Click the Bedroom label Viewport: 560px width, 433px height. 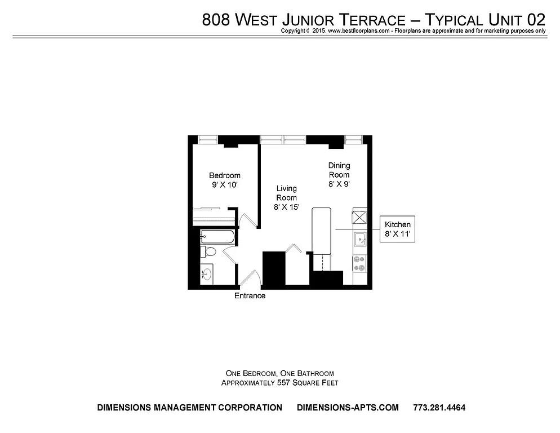pyautogui.click(x=224, y=175)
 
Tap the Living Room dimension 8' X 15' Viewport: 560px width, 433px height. pyautogui.click(x=286, y=207)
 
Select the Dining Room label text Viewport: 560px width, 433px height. pyautogui.click(x=339, y=170)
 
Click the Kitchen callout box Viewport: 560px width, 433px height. pyautogui.click(x=397, y=229)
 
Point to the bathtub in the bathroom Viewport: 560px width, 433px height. pyautogui.click(x=217, y=237)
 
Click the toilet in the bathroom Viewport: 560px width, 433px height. pyautogui.click(x=207, y=251)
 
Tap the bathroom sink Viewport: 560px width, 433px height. pyautogui.click(x=207, y=275)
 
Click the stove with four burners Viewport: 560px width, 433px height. pyautogui.click(x=359, y=262)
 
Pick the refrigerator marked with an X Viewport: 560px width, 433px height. pyautogui.click(x=359, y=217)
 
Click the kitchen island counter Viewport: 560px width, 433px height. pyautogui.click(x=322, y=229)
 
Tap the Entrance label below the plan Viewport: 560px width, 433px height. pyautogui.click(x=250, y=295)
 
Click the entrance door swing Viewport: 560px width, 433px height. pyautogui.click(x=250, y=277)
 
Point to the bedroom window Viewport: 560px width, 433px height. pyautogui.click(x=205, y=139)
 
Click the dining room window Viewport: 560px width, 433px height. pyautogui.click(x=353, y=139)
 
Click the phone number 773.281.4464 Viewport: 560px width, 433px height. pyautogui.click(x=439, y=408)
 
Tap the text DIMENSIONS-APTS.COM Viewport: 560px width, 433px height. pyautogui.click(x=348, y=408)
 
